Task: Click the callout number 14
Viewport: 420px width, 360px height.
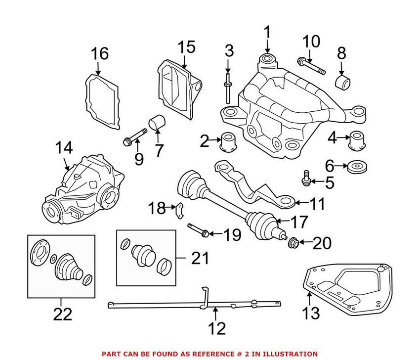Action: tap(64, 147)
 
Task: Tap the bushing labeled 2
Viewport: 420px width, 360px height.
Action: tap(229, 141)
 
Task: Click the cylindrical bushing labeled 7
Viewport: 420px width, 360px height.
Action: tap(158, 123)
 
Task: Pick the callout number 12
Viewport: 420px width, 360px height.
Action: tap(216, 328)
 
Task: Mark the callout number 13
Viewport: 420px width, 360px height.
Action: tap(312, 313)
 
